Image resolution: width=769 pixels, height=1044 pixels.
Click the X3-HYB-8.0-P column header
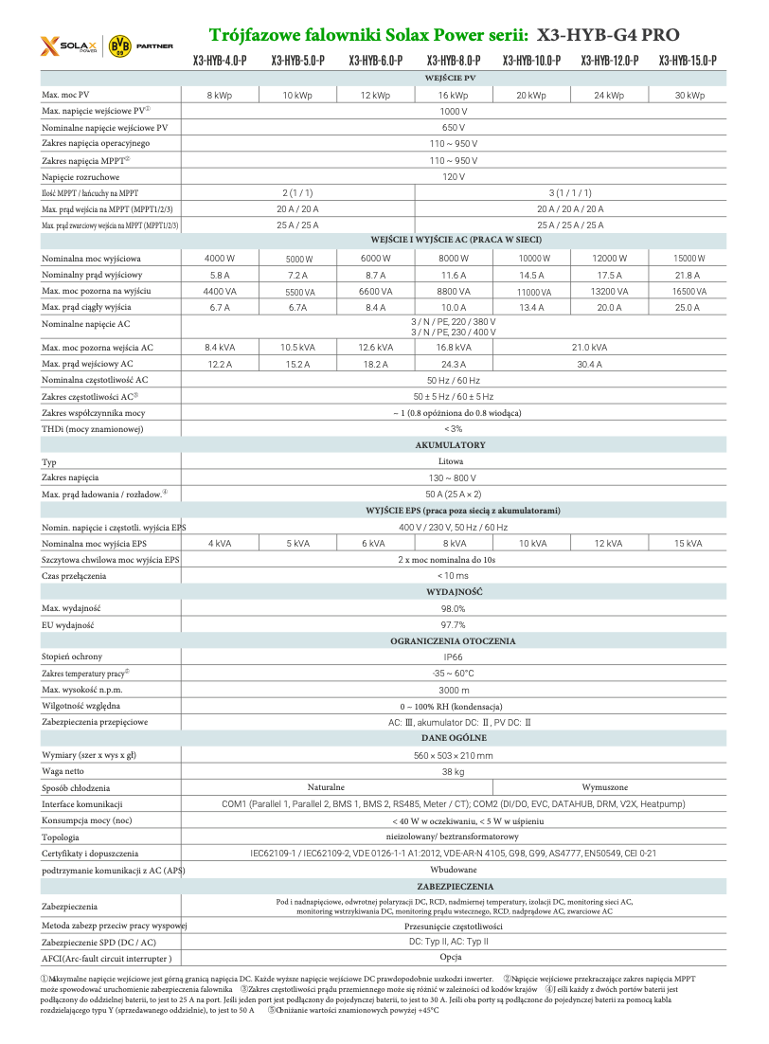click(x=453, y=61)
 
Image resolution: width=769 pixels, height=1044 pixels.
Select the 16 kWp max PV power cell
click(x=453, y=96)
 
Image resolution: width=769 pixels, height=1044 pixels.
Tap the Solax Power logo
click(x=67, y=45)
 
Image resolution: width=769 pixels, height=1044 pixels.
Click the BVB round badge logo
click(x=120, y=45)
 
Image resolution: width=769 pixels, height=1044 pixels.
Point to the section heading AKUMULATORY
click(x=451, y=444)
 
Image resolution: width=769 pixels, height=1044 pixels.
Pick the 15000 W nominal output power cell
click(x=689, y=259)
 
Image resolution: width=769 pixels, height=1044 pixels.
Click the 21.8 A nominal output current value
click(x=689, y=275)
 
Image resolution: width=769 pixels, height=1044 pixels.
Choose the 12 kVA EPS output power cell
click(x=609, y=544)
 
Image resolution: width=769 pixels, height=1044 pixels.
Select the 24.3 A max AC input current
click(x=453, y=364)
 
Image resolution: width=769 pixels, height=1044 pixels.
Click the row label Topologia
click(x=61, y=837)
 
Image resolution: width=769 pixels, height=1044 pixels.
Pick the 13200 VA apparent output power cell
click(x=609, y=291)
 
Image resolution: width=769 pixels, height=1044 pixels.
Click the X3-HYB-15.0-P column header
click(x=688, y=61)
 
